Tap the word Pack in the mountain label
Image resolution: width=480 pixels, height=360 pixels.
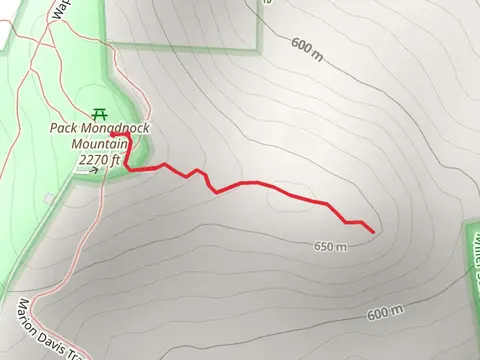pos(67,129)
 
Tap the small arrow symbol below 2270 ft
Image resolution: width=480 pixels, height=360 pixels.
pos(94,170)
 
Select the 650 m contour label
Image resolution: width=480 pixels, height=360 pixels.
pos(329,246)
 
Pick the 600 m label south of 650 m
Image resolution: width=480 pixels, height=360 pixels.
pos(384,314)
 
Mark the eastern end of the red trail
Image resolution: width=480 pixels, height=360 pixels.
pos(373,232)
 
